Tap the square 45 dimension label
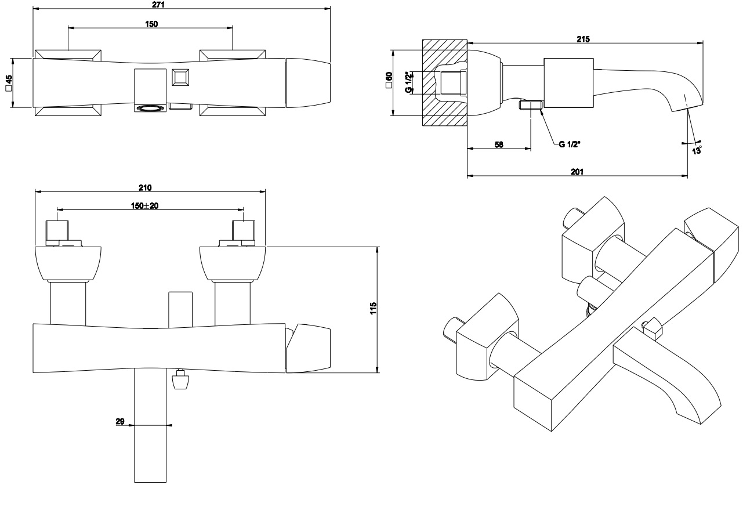pos(8,83)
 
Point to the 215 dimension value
pos(583,39)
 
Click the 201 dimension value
pos(577,172)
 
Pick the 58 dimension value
pos(498,145)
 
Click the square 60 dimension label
pos(389,81)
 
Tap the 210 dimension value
pos(145,187)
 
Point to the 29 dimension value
pos(120,422)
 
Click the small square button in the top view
pos(180,78)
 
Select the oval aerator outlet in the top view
pos(150,107)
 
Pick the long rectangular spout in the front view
pos(151,426)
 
